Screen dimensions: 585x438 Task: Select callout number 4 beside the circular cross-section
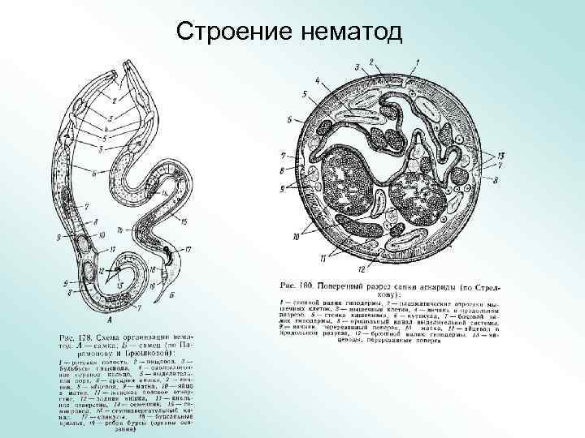pyautogui.click(x=316, y=81)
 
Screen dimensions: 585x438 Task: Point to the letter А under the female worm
pyautogui.click(x=120, y=320)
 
